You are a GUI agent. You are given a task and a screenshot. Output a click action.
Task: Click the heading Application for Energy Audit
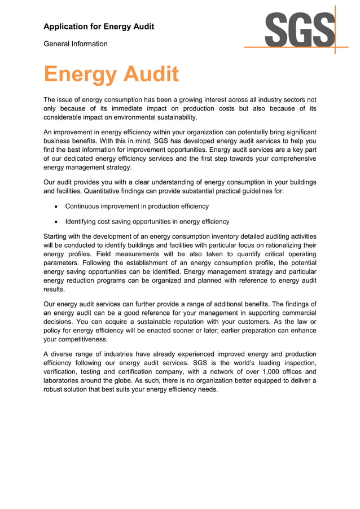pos(99,27)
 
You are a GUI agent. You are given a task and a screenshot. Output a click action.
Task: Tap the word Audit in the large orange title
pos(151,74)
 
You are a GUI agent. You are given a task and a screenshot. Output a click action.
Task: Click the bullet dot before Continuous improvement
pos(56,207)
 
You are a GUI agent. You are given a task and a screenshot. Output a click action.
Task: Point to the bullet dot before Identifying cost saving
pos(56,222)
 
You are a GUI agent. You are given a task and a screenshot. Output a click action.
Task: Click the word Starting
pos(58,236)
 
